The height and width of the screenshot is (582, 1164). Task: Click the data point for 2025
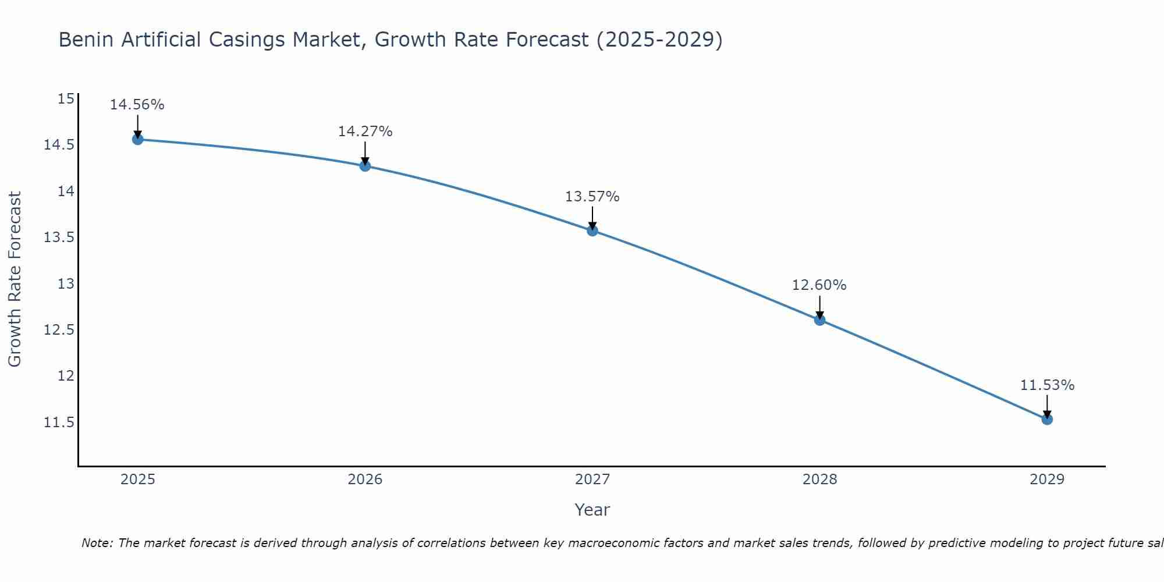[x=138, y=139]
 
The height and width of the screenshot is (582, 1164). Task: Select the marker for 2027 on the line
[x=592, y=230]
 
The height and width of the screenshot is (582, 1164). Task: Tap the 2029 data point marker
[x=1047, y=419]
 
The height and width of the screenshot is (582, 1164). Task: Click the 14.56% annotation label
[x=137, y=105]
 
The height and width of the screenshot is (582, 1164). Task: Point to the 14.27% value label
[x=365, y=132]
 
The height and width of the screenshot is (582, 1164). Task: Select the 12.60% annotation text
[x=819, y=285]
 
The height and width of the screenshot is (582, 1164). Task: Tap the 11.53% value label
[x=1047, y=385]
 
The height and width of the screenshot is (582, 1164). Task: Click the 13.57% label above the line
[x=592, y=197]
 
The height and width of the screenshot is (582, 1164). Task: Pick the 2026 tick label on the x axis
[x=365, y=480]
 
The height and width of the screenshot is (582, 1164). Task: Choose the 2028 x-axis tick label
[x=819, y=480]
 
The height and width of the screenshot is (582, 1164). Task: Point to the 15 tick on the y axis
[x=66, y=99]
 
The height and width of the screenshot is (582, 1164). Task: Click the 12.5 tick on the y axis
[x=59, y=330]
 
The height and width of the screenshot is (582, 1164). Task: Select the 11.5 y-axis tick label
[x=59, y=422]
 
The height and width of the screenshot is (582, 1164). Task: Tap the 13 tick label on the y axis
[x=66, y=284]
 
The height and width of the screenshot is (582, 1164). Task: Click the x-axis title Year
[x=592, y=510]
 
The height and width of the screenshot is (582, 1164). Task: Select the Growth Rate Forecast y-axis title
[x=15, y=279]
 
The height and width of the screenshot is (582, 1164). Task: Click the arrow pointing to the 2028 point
[x=819, y=306]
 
